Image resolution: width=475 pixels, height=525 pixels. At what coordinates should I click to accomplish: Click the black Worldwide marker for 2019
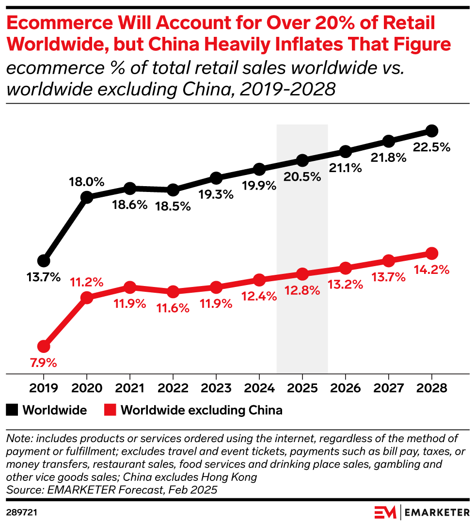[44, 261]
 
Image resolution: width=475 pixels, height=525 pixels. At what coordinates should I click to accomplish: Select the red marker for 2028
[431, 254]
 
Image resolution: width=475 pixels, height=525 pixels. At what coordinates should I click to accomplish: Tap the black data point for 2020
[87, 197]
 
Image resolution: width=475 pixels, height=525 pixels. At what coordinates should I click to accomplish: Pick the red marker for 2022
[173, 292]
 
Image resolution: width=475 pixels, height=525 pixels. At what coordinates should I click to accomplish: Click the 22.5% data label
[432, 147]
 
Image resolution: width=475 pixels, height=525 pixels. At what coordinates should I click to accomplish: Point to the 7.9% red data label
[44, 362]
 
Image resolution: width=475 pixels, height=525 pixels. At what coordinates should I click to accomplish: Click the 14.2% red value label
[432, 269]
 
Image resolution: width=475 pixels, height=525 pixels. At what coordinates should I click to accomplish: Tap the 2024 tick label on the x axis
[259, 389]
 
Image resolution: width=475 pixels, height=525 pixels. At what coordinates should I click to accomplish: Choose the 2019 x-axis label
[44, 389]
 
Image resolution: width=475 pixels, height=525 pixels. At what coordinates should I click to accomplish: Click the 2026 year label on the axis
[345, 389]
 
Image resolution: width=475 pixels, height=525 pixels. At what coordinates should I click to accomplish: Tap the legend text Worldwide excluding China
[201, 411]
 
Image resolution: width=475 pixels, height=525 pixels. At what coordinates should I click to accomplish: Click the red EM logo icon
[386, 512]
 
